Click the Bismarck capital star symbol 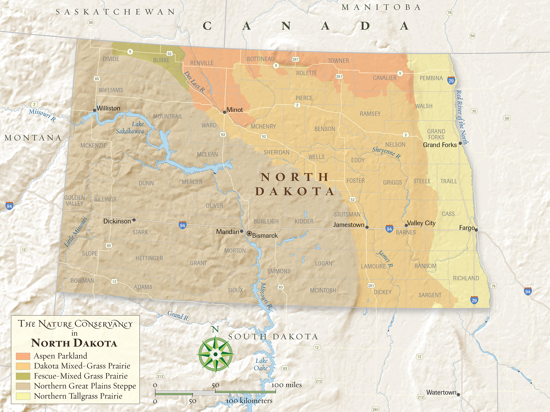click(249, 234)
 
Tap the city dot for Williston click(95, 110)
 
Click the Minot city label click(235, 110)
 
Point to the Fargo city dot click(476, 230)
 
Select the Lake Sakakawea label click(130, 128)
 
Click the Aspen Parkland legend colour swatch click(23, 356)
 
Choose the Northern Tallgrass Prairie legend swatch click(23, 396)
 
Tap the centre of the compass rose click(216, 354)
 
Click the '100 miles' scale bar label click(287, 385)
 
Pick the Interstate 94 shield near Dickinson click(183, 226)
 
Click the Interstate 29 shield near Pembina click(451, 81)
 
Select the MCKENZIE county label click(94, 146)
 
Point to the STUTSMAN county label click(347, 214)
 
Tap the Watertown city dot click(458, 395)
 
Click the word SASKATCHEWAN click(116, 12)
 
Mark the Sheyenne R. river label click(386, 153)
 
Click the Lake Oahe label click(261, 364)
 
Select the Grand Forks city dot click(460, 143)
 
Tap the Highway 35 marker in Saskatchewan click(91, 23)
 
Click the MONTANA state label click(33, 138)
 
